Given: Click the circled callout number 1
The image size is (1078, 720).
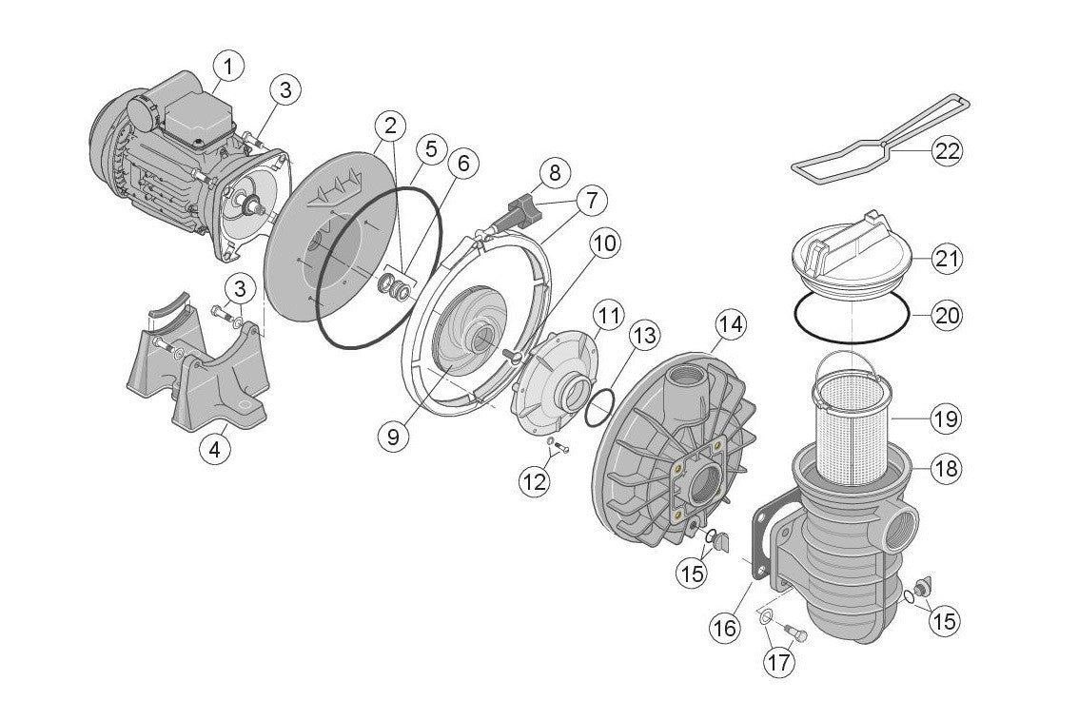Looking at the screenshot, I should pyautogui.click(x=228, y=67).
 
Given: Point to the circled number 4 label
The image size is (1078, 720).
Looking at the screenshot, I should pyautogui.click(x=215, y=448).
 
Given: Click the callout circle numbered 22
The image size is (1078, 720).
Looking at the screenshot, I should pyautogui.click(x=948, y=151).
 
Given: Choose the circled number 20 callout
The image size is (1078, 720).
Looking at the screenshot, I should pyautogui.click(x=948, y=315).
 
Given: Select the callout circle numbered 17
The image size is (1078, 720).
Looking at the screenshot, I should pyautogui.click(x=779, y=662).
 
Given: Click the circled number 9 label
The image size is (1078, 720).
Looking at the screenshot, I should pyautogui.click(x=392, y=436).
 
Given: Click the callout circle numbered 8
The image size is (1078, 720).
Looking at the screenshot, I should pyautogui.click(x=555, y=173).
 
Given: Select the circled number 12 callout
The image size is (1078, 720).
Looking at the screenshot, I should pyautogui.click(x=535, y=481).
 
